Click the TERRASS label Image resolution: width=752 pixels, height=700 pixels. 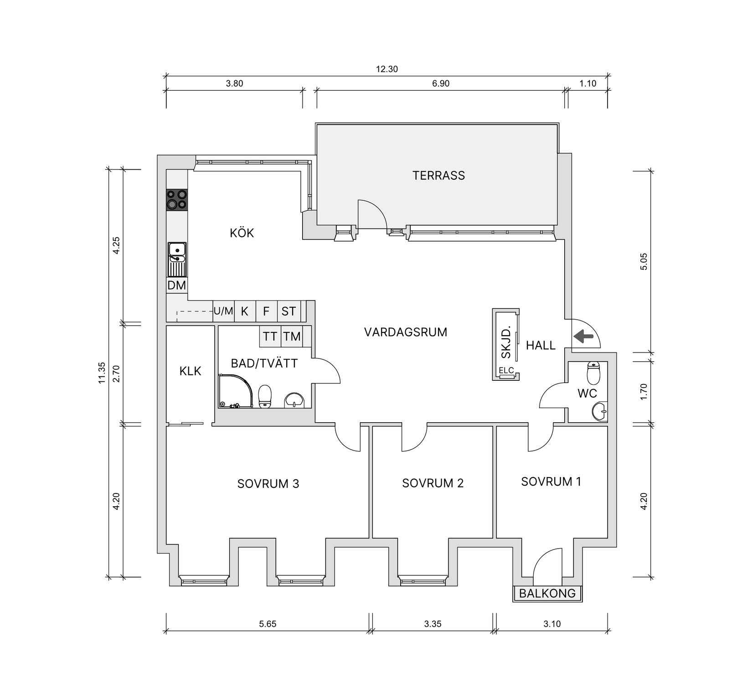coord(438,176)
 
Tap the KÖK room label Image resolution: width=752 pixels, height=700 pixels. coord(242,233)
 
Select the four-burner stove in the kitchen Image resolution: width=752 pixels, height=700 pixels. coord(177,200)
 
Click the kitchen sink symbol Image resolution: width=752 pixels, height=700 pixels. coord(177,259)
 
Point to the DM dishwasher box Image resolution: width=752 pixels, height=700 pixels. coord(177,286)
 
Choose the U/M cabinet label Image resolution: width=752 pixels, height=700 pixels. coord(223,311)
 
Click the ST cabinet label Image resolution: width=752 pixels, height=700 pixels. coord(288,311)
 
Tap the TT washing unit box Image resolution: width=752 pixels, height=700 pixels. coord(270,337)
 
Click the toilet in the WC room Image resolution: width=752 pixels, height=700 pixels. coord(593,373)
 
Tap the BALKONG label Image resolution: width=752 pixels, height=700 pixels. coord(547,594)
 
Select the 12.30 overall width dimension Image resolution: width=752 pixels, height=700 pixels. coord(387,69)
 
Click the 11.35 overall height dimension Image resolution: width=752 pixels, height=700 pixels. coord(102,373)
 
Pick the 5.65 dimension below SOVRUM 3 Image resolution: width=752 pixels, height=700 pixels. coord(268,624)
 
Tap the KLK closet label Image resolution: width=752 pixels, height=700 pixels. coord(190,371)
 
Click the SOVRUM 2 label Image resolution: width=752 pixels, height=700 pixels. coord(433,483)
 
